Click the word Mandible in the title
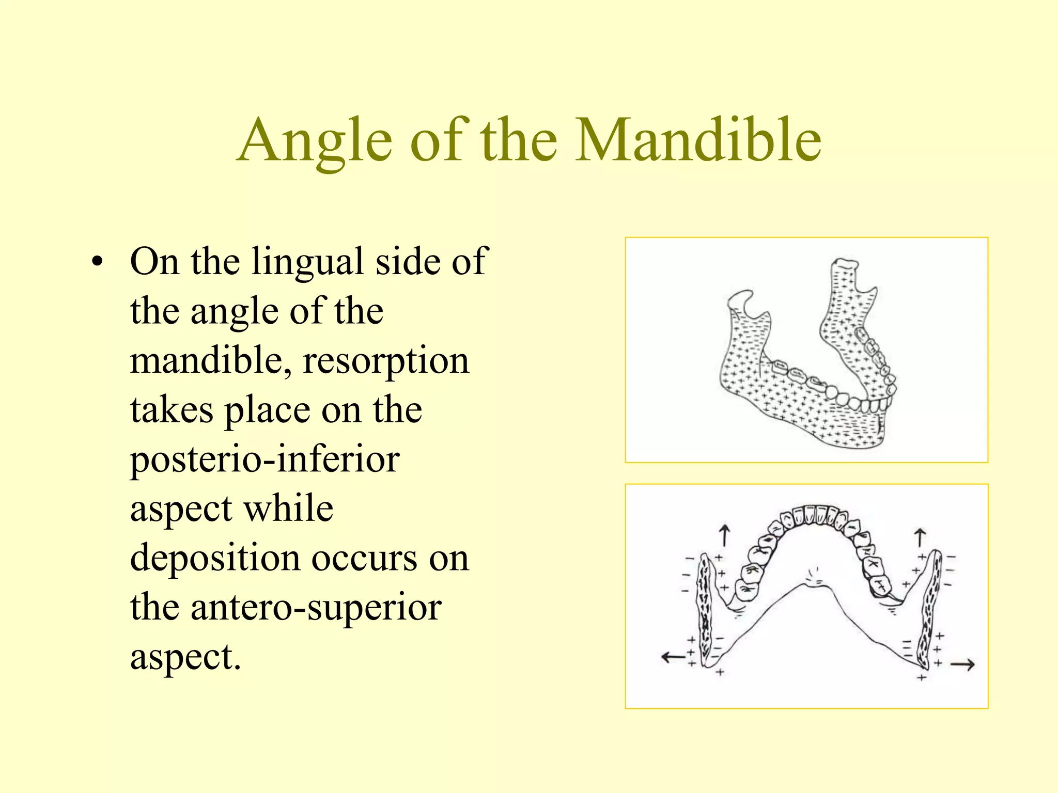698,140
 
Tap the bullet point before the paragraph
96,262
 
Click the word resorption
386,360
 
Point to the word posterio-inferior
264,459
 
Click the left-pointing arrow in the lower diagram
673,657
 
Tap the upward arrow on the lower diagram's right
920,537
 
